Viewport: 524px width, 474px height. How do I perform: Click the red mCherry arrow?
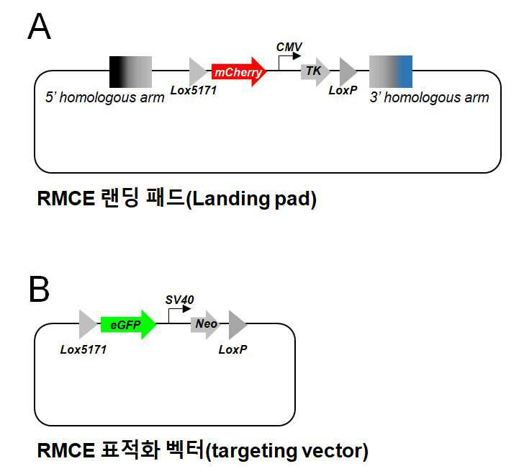[239, 71]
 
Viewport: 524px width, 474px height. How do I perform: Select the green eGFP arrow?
[128, 324]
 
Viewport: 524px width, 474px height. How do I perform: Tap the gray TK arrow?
[315, 71]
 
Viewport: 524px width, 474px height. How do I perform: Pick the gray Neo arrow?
[205, 324]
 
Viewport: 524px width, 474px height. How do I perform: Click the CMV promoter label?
[289, 47]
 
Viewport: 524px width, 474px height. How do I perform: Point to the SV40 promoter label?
[179, 300]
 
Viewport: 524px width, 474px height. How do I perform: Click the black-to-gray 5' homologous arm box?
[131, 72]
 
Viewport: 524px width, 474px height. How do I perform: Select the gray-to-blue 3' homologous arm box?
[391, 72]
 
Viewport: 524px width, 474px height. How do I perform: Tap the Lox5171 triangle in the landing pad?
[198, 71]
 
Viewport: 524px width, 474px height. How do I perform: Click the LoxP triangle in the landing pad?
[348, 71]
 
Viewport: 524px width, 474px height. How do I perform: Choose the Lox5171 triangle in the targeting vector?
[88, 324]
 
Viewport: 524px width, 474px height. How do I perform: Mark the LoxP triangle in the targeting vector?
[238, 324]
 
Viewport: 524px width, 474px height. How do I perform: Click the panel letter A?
[39, 27]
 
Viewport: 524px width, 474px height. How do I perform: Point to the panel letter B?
[39, 289]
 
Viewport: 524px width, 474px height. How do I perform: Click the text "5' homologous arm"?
[105, 98]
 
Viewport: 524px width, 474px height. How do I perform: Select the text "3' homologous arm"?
[430, 98]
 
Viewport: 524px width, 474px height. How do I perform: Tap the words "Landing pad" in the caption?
[250, 199]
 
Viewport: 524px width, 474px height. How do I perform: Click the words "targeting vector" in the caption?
[286, 451]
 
